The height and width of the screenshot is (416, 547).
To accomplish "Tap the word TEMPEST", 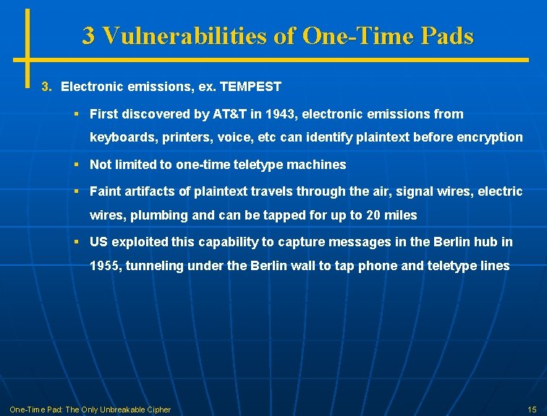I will [250, 87].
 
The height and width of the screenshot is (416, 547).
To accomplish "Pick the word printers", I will [179, 137].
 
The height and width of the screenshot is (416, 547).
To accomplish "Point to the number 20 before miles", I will [374, 215].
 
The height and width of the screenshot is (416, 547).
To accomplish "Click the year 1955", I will [105, 266].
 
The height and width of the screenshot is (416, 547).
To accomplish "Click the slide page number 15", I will [532, 409].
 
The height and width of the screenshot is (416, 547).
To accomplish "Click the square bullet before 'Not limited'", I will [76, 164].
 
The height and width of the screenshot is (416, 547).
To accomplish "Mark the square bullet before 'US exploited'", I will [76, 241].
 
